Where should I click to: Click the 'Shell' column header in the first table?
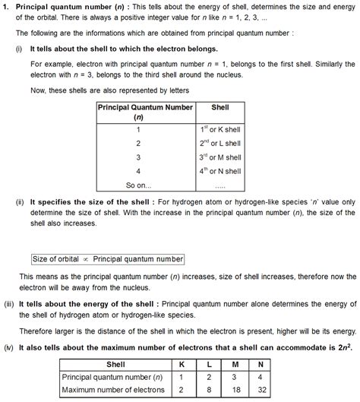coord(219,107)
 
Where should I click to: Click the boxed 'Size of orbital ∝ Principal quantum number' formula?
coord(108,258)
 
